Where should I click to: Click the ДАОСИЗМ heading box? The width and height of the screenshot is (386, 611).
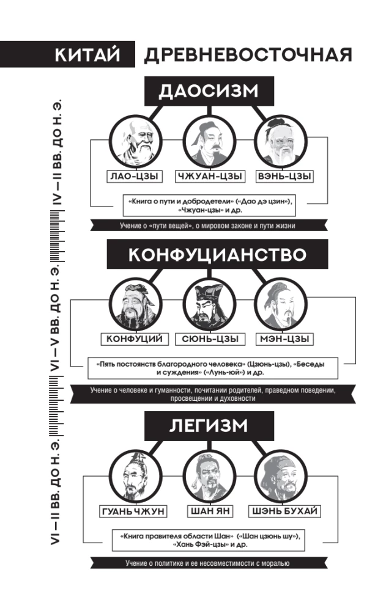point(209,91)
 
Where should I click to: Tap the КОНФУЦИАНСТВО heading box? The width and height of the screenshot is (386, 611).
point(217,254)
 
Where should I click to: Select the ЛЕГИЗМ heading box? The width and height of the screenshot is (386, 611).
point(209,426)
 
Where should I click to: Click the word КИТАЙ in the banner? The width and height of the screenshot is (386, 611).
point(87,54)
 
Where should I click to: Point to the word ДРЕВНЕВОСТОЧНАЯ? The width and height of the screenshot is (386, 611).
point(248,54)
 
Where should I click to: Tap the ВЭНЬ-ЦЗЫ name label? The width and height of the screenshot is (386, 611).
point(284,176)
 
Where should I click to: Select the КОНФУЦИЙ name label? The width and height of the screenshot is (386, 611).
point(135,338)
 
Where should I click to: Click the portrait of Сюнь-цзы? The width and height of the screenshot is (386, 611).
point(210,304)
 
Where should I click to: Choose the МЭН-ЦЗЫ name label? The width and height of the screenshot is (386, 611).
point(284,338)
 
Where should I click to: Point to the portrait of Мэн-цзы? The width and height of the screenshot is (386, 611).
point(281,304)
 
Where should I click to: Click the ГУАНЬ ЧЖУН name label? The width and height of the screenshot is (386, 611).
point(133,511)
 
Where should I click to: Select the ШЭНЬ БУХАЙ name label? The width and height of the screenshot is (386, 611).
point(284,511)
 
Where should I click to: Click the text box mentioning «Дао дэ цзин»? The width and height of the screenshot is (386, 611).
point(209,205)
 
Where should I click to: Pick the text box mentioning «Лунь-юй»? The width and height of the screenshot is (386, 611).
point(213,368)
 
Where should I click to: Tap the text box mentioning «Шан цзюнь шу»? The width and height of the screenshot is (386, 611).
point(209,540)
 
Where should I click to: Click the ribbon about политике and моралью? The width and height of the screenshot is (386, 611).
point(209,563)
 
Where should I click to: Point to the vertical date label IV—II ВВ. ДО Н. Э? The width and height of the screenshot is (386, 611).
point(57,153)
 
